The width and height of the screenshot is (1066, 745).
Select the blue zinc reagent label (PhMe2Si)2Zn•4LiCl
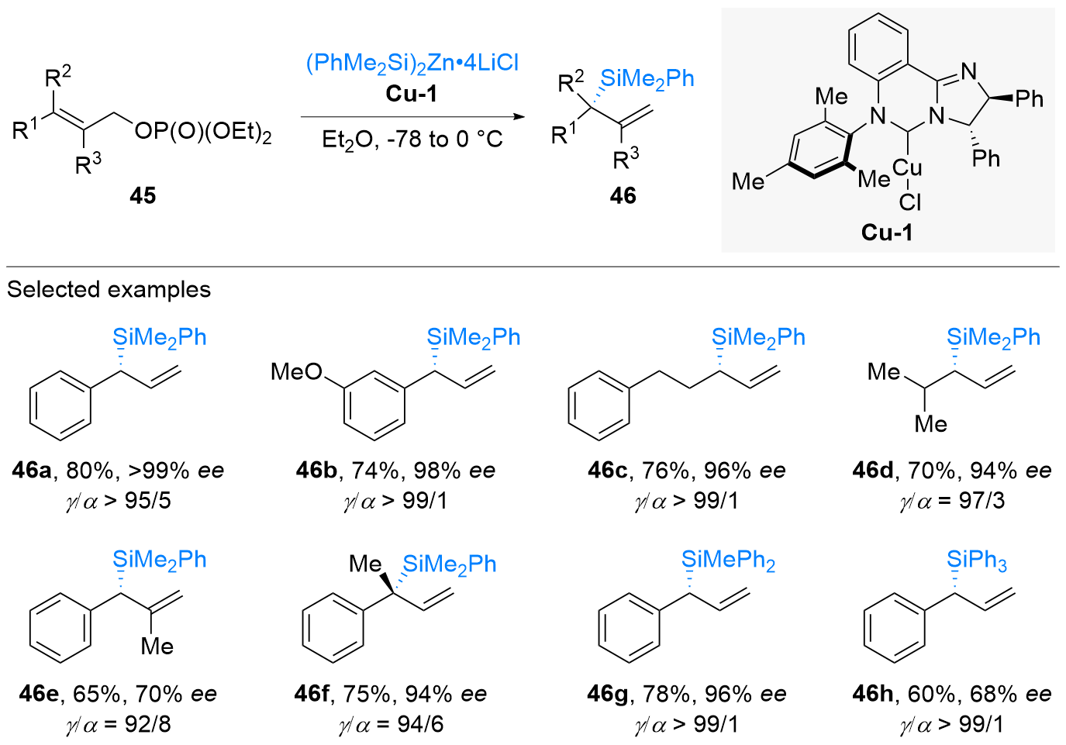412,63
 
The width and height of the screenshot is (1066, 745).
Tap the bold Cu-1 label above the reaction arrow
412,94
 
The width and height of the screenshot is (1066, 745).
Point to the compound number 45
143,195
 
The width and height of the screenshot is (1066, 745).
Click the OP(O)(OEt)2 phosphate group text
203,132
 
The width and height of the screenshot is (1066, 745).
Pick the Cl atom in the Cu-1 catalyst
910,202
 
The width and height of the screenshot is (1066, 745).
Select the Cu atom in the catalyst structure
907,168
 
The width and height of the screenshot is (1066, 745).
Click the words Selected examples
109,290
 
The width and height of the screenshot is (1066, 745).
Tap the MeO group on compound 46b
296,372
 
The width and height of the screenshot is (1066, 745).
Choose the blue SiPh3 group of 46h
977,560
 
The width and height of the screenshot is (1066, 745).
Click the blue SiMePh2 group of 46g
728,560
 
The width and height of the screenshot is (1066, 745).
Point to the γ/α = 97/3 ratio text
952,501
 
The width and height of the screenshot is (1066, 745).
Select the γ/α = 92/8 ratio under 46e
118,724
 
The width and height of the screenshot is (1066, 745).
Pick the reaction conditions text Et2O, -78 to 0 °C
412,140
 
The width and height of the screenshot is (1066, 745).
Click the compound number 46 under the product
623,195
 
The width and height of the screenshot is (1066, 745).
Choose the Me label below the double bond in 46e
157,647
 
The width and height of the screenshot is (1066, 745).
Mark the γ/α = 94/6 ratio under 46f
391,724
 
